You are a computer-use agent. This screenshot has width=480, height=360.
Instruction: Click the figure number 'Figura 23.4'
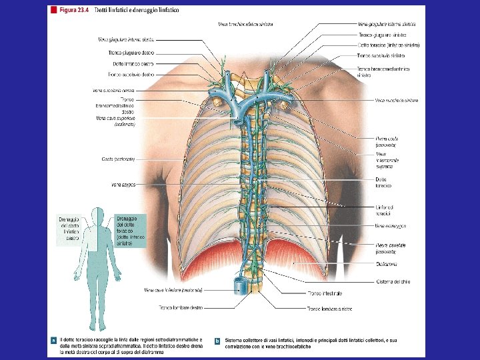[x=75, y=11]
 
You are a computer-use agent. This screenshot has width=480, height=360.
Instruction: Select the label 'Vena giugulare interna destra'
[x=126, y=39]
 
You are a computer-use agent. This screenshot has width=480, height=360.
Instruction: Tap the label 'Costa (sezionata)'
[x=118, y=159]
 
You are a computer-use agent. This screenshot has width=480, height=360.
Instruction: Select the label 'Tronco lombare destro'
[x=181, y=307]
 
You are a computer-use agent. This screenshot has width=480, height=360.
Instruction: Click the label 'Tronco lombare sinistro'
[x=329, y=309]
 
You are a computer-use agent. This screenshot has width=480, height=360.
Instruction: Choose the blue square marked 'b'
[x=217, y=341]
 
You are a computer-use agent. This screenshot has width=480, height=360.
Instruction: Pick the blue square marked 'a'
[x=54, y=341]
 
